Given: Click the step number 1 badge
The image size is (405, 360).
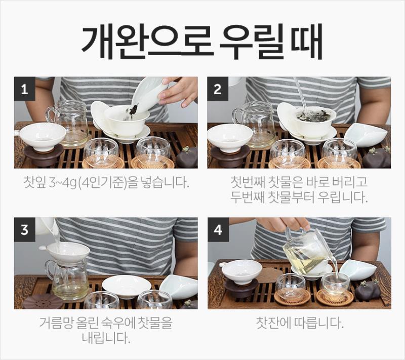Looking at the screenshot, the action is pyautogui.click(x=24, y=89).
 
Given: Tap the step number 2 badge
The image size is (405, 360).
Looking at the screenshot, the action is pyautogui.click(x=218, y=89).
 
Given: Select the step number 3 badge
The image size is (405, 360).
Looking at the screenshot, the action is pyautogui.click(x=24, y=229).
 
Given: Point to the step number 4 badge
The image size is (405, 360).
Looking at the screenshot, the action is pyautogui.click(x=218, y=229).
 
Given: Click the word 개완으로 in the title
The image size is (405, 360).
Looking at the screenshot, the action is pyautogui.click(x=147, y=42).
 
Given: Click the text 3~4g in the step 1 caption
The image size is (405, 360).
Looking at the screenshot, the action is pyautogui.click(x=63, y=183).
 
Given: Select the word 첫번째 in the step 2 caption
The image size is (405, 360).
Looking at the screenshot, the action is pyautogui.click(x=246, y=182).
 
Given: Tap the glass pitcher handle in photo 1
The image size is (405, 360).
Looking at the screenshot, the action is pyautogui.click(x=50, y=115).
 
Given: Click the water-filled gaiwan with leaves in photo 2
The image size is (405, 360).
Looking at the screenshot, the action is pyautogui.click(x=313, y=122).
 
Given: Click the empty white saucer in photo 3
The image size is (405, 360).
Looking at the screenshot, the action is pyautogui.click(x=126, y=286).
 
